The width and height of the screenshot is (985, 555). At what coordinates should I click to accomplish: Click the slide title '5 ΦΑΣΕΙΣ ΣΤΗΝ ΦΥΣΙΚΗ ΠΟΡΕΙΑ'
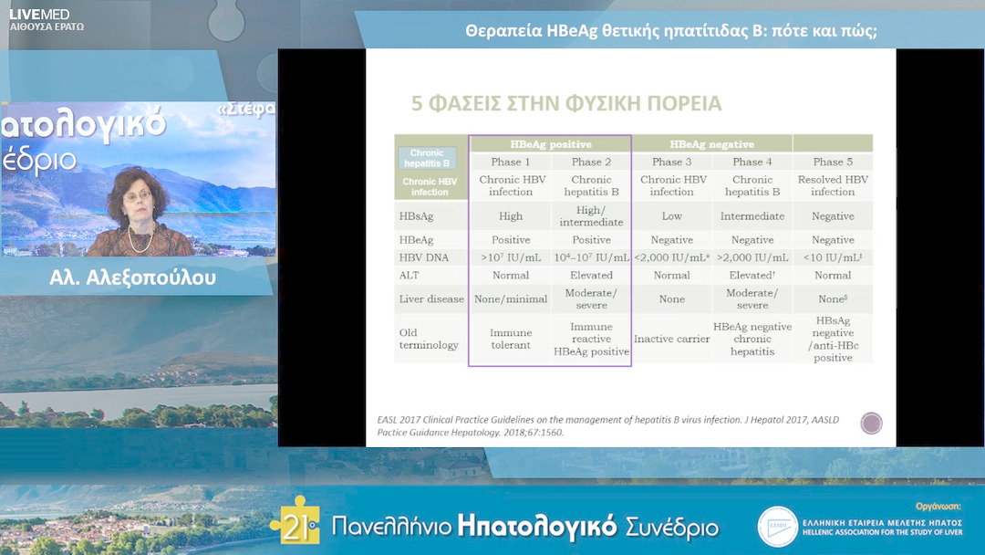tap(566, 103)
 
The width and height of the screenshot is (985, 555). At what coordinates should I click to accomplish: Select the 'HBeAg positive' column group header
tap(550, 144)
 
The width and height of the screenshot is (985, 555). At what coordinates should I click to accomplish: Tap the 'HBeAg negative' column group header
tap(711, 144)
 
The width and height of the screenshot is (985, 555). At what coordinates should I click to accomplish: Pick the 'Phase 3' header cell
tap(672, 162)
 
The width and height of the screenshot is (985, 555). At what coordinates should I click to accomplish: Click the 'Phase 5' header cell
tap(833, 162)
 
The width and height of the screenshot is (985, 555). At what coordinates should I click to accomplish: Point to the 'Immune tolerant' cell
tap(510, 340)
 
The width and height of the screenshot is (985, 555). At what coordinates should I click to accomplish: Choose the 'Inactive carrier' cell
tap(672, 340)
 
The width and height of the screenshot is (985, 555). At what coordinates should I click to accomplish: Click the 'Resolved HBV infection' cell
tap(833, 186)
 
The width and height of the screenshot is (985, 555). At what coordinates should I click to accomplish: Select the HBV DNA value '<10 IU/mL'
tap(833, 257)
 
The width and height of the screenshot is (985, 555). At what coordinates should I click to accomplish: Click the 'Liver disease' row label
tap(431, 298)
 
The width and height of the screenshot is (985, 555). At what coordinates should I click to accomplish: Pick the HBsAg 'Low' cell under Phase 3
tap(672, 216)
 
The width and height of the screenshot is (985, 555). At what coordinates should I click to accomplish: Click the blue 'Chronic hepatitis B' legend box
tap(427, 159)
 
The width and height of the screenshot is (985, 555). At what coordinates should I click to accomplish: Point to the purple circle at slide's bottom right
tap(871, 423)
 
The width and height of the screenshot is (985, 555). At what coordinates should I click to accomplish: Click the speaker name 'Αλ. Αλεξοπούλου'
tap(133, 278)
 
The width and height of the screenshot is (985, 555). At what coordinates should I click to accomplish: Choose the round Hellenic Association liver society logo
tap(777, 526)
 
